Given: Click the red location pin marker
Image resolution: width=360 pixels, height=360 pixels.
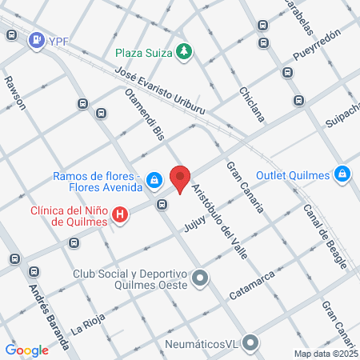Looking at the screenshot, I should (180, 178).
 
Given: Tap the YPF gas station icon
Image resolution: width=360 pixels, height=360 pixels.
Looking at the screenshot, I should (36, 40).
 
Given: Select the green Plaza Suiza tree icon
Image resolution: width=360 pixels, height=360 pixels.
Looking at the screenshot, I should (186, 52).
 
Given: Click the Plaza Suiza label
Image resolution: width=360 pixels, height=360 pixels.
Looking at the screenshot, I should (144, 53).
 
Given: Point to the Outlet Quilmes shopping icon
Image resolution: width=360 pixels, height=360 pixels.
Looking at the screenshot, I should (342, 173).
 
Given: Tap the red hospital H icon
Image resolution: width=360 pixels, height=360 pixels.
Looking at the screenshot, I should (120, 214).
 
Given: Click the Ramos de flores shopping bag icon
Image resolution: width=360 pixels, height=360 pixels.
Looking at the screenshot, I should (153, 183).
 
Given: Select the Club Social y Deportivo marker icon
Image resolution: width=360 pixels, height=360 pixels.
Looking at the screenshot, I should (200, 279).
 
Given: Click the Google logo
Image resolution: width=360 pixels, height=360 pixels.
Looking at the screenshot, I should (27, 350).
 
